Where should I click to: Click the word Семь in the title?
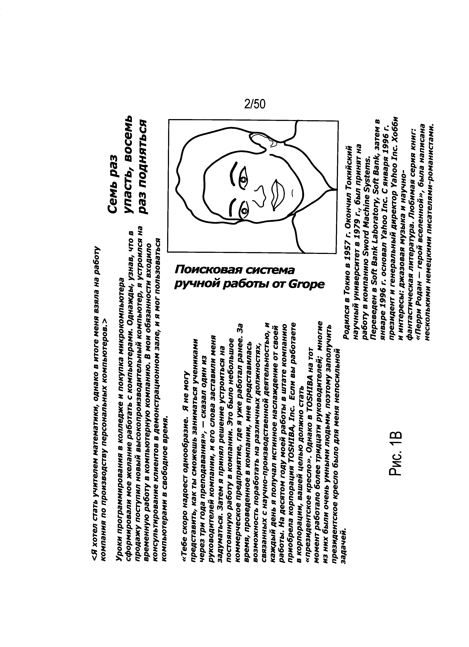[x=113, y=201]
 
